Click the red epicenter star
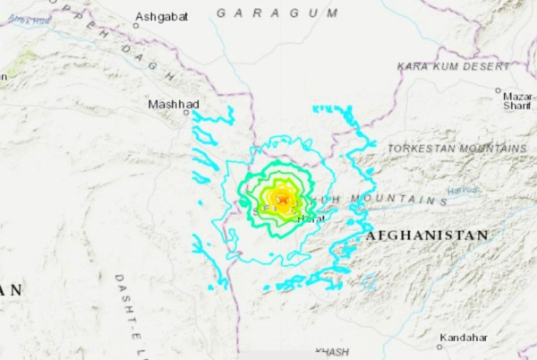coord(284,199)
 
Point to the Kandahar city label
coord(465,338)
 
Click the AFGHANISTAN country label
coord(427,235)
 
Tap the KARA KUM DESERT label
coord(455,66)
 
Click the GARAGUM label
coord(277,13)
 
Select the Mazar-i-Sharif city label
coord(517,99)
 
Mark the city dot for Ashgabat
coord(136,25)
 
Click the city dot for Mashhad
coord(186,112)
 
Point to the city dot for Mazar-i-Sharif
coord(498,90)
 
